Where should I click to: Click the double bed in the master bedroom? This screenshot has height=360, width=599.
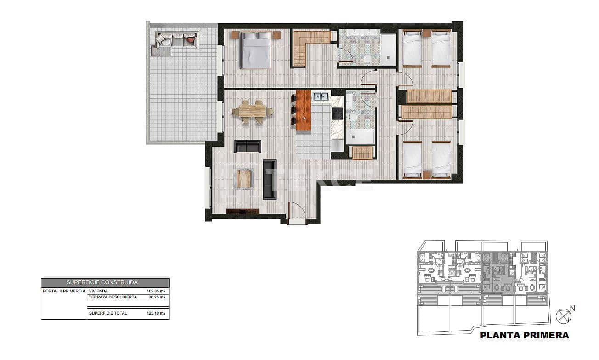tap(256, 50)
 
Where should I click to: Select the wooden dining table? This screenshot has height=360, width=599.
tap(252, 111)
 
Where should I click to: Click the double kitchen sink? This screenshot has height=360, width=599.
tap(320, 96)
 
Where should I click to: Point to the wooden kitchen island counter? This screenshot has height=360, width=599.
tap(303, 110)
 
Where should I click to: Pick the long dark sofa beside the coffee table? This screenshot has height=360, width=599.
tap(269, 179)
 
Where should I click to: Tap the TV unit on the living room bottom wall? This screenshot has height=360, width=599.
tap(243, 211)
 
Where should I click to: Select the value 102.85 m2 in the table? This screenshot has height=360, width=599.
tap(156, 291)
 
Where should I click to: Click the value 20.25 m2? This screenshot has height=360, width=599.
tap(157, 297)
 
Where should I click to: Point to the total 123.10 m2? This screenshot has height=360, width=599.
tap(156, 313)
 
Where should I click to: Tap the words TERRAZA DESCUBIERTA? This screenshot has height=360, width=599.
tap(113, 297)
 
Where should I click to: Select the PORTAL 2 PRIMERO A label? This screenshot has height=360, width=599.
tap(64, 291)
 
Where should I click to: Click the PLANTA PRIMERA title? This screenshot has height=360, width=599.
tap(524, 335)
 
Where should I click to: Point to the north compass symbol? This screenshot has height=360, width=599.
tap(563, 316)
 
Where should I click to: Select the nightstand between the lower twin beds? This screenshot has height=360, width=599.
tap(427, 175)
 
